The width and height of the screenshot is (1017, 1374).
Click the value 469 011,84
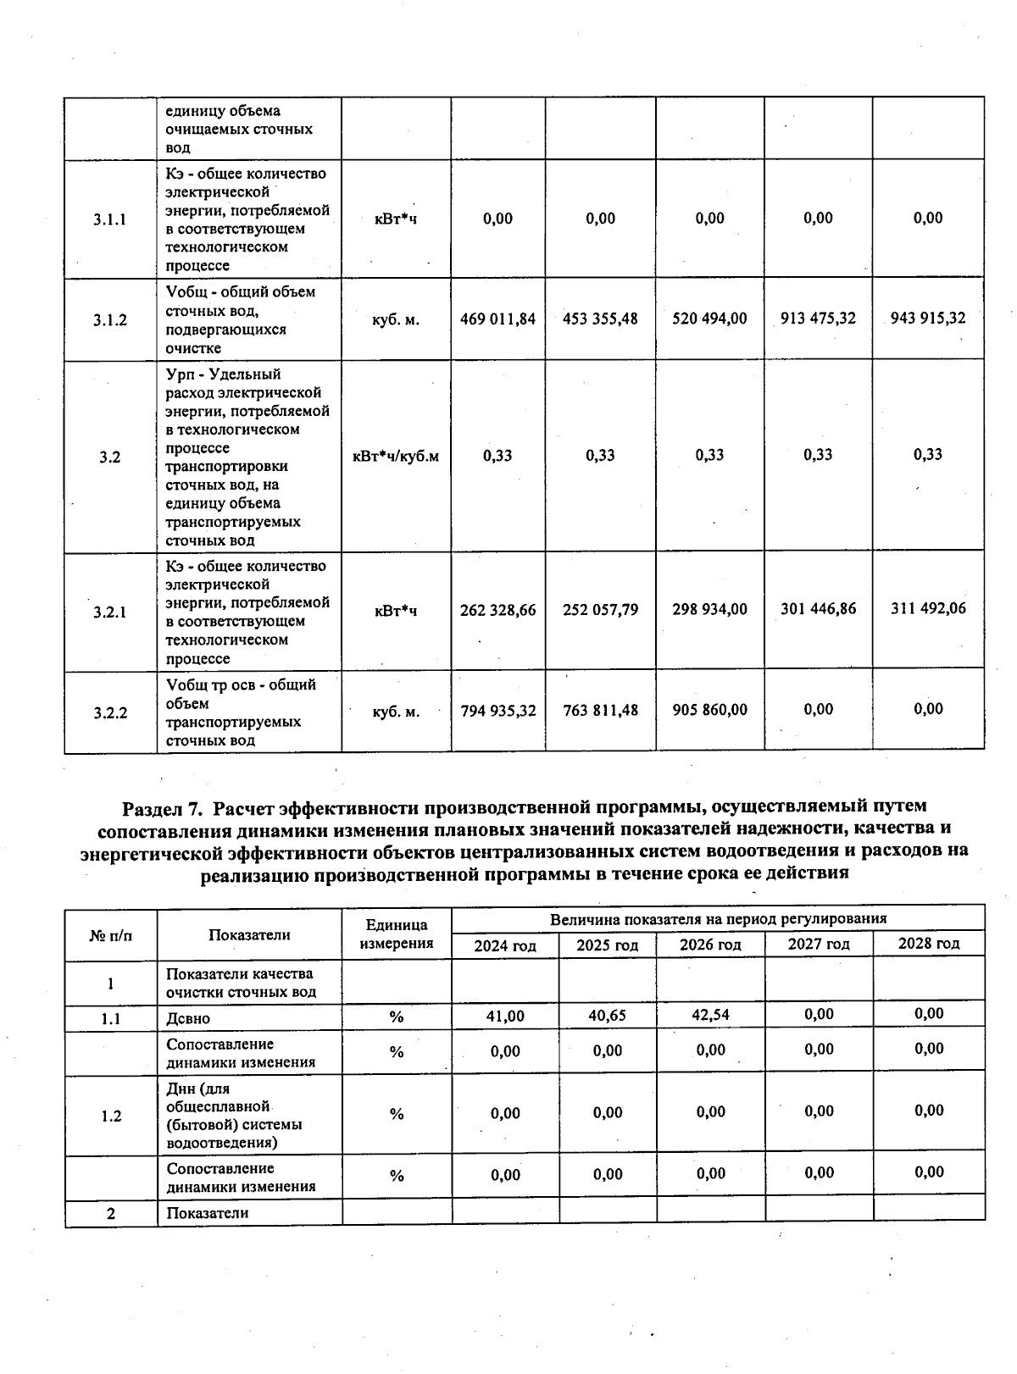click(x=497, y=319)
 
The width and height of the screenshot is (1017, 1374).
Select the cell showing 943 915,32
click(x=928, y=318)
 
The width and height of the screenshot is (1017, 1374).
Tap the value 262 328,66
click(x=497, y=610)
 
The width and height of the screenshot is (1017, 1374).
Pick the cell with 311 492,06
click(x=928, y=608)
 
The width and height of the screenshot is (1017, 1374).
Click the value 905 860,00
click(x=709, y=710)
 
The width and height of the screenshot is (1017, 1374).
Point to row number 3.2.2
click(x=110, y=712)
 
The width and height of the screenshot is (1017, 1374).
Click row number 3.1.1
click(x=110, y=219)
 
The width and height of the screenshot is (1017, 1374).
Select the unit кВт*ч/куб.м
click(x=396, y=457)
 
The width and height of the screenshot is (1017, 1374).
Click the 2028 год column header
click(x=929, y=944)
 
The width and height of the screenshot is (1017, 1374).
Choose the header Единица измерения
click(x=396, y=934)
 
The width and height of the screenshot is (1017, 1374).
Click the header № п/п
click(x=110, y=935)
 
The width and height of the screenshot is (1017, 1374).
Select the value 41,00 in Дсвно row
click(x=505, y=1016)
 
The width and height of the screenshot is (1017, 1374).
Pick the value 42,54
click(x=710, y=1015)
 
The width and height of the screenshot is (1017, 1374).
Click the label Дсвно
click(x=188, y=1018)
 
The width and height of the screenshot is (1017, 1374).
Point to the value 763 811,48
click(x=600, y=710)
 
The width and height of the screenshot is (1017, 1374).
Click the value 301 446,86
click(x=818, y=608)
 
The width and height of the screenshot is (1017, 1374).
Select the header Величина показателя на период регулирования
click(x=718, y=919)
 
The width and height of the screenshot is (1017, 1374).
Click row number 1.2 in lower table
click(x=110, y=1116)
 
